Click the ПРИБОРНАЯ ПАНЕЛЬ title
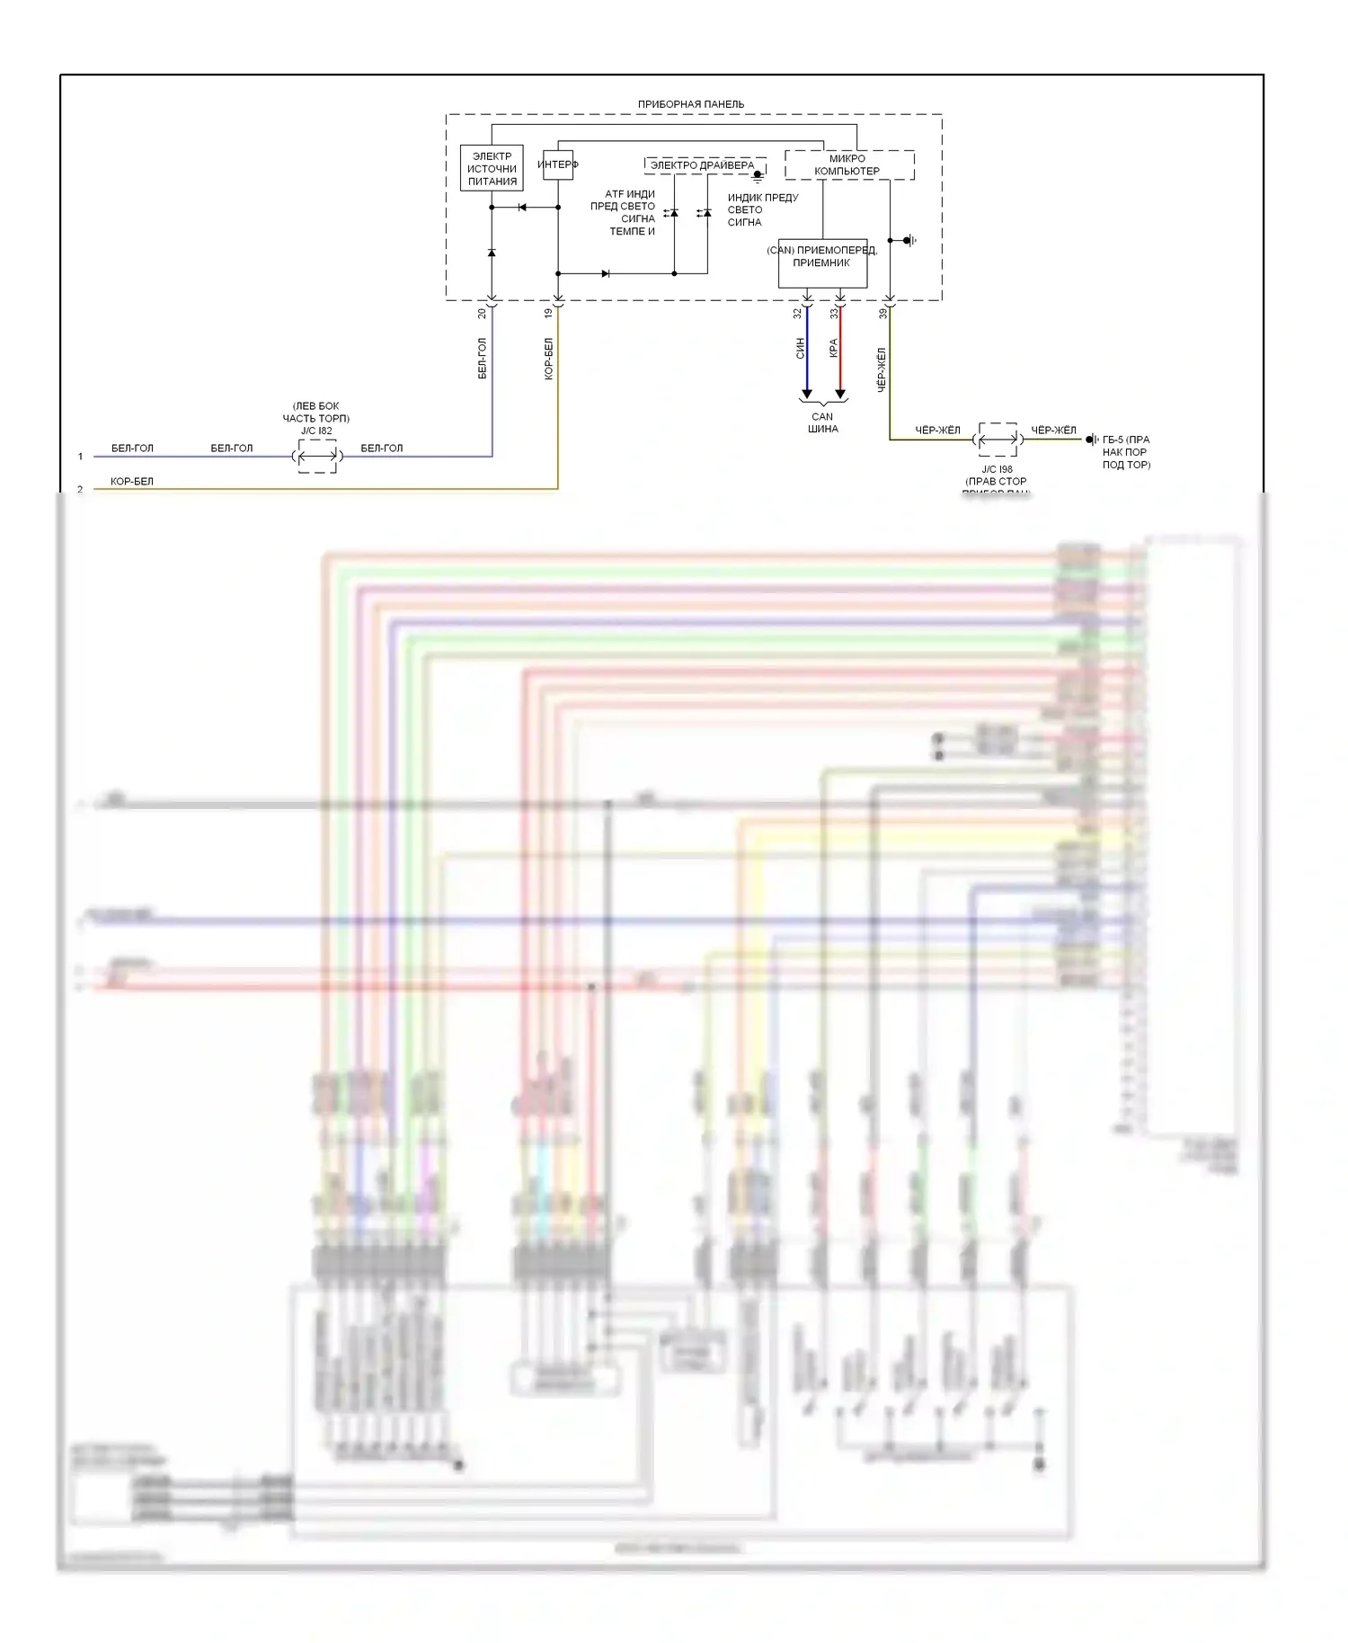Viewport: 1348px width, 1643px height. [690, 104]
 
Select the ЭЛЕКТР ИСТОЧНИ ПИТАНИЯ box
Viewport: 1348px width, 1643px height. [492, 168]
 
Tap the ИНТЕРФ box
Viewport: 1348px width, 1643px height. [558, 164]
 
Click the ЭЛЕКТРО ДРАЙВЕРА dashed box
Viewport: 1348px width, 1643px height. [704, 165]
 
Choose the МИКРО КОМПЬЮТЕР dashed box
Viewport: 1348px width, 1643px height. [848, 164]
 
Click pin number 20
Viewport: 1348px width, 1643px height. [483, 314]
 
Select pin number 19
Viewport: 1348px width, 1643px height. [549, 314]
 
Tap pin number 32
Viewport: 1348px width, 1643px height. [797, 314]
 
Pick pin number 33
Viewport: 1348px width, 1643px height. [834, 314]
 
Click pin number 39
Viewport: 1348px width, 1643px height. [882, 314]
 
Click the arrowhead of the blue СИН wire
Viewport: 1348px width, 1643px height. [807, 394]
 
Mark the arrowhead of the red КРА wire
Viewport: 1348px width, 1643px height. [840, 394]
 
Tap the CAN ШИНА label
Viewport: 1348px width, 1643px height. [822, 422]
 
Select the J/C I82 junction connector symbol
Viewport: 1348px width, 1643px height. [317, 457]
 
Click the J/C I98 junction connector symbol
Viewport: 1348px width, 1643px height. [998, 440]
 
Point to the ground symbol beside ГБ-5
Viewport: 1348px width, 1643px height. [1092, 440]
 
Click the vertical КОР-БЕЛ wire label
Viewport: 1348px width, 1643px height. [549, 360]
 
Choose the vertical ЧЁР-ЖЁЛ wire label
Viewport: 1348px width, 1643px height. [882, 369]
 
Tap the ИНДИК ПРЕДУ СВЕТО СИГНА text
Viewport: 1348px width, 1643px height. [762, 209]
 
